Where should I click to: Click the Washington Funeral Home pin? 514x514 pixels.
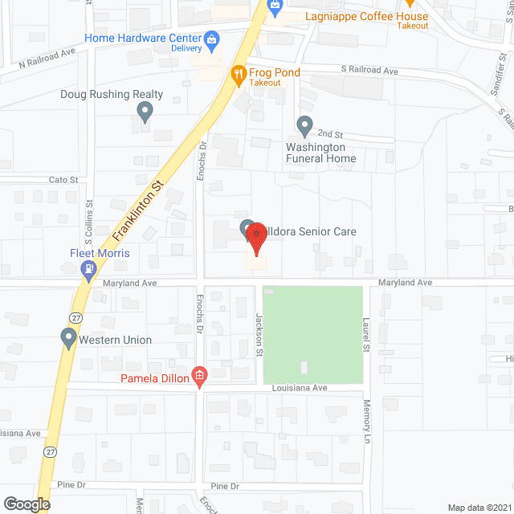(304, 125)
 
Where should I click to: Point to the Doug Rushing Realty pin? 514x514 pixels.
(145, 112)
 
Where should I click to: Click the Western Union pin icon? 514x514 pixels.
(68, 338)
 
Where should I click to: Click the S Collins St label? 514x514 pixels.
(91, 233)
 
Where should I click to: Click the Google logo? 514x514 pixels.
(26, 504)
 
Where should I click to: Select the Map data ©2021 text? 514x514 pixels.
(479, 508)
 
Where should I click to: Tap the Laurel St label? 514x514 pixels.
(365, 335)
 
